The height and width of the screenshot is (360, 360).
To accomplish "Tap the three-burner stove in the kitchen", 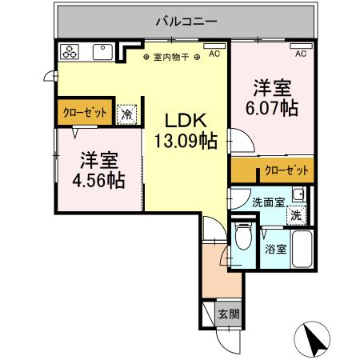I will [x=70, y=53].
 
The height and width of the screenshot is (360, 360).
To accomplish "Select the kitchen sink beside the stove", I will [x=102, y=53].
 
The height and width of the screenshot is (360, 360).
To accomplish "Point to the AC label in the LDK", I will [x=214, y=54].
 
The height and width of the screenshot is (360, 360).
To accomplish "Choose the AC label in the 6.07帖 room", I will [x=301, y=54].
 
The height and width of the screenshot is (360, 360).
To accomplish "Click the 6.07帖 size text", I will [x=272, y=106].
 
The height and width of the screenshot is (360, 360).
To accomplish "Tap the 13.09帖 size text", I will [x=186, y=141].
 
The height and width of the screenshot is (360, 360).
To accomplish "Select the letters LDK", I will [x=186, y=121].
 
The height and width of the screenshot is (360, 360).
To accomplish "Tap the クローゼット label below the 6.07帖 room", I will [x=286, y=170].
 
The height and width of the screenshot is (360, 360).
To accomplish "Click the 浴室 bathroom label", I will [x=275, y=249].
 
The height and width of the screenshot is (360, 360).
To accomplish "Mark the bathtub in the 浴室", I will [x=302, y=250].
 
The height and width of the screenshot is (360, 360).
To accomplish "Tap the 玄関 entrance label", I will [x=228, y=314].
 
